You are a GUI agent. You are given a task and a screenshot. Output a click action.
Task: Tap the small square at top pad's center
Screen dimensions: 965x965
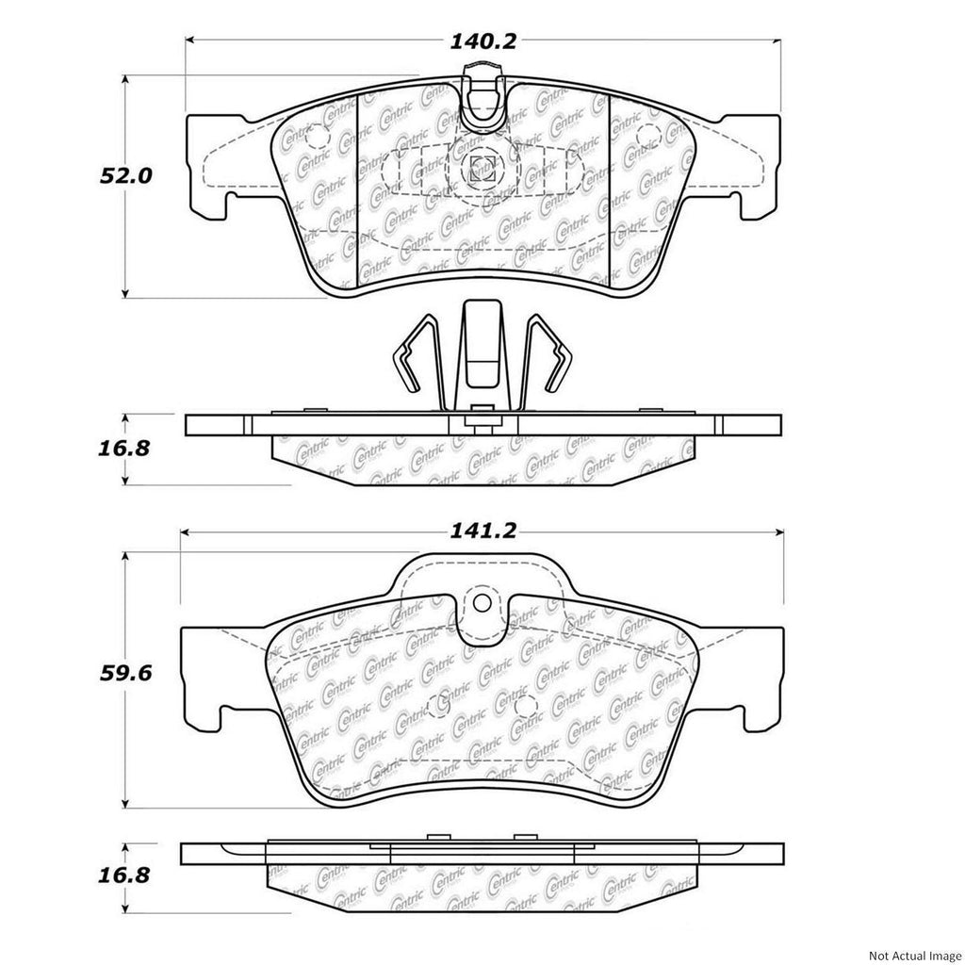point(482,168)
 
